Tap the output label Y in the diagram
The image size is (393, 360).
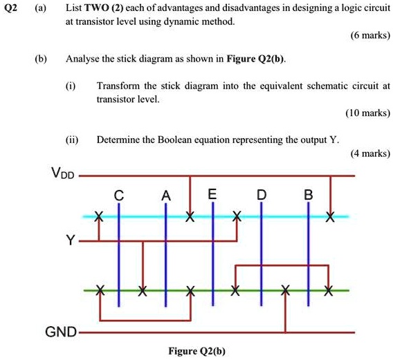[69, 241]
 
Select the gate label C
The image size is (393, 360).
[119, 196]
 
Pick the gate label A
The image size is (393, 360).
[165, 196]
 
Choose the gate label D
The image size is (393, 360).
[261, 196]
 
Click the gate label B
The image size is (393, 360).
[308, 196]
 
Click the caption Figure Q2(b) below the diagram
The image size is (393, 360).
[198, 350]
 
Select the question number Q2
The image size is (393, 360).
[10, 8]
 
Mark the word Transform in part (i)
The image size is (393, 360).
[118, 86]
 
